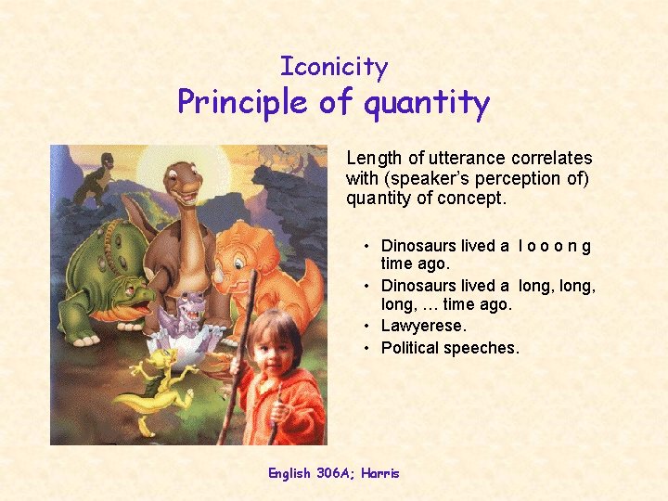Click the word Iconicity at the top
tap(334, 67)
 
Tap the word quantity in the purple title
tap(427, 102)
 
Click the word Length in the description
tap(374, 159)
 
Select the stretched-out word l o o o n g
tap(555, 246)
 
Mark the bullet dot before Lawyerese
tap(368, 327)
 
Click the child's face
tap(270, 342)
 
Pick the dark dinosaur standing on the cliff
tap(95, 181)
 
